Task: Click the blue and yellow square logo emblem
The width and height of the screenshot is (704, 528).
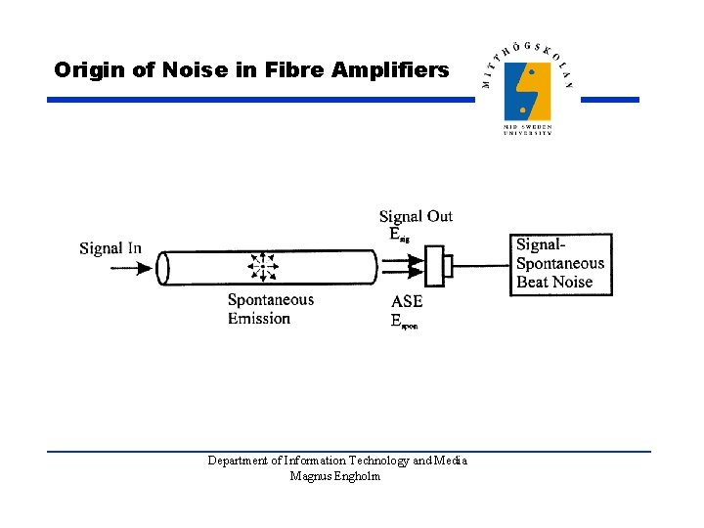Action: click(528, 91)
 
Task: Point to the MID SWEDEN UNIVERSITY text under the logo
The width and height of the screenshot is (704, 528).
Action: click(528, 130)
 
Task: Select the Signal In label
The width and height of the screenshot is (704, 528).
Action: click(110, 248)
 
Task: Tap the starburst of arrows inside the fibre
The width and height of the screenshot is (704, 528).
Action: click(262, 267)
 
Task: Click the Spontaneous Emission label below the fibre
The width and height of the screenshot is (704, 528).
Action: click(271, 309)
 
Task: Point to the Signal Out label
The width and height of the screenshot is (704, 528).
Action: click(416, 216)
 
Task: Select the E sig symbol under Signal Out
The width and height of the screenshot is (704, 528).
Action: click(399, 234)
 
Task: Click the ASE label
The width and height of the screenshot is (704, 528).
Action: click(407, 302)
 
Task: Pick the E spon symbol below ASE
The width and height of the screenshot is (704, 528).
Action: click(403, 321)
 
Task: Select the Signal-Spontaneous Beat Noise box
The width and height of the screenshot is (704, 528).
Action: click(561, 264)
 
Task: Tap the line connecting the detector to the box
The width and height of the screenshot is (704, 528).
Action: click(481, 265)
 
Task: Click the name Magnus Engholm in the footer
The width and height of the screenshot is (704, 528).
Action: click(335, 476)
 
